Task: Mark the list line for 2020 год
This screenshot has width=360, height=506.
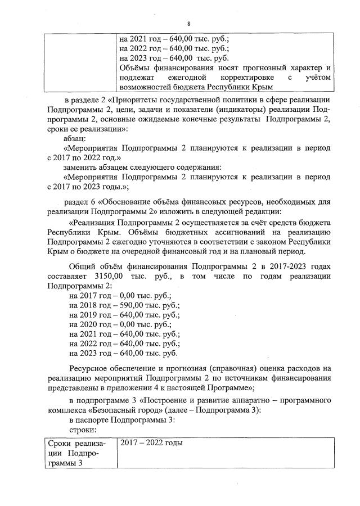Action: tap(120, 324)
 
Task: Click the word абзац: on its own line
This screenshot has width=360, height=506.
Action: tap(75, 137)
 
